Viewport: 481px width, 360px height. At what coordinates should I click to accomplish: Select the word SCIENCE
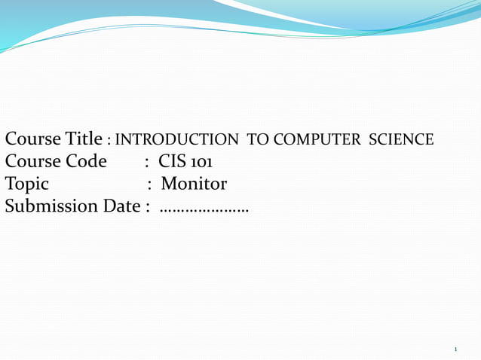pyautogui.click(x=400, y=140)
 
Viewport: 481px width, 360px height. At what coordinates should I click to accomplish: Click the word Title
pyautogui.click(x=83, y=139)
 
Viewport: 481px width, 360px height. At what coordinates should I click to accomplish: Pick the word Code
pyautogui.click(x=87, y=162)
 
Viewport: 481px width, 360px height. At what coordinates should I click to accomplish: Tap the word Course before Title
pyautogui.click(x=32, y=139)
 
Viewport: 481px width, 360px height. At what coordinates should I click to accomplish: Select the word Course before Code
pyautogui.click(x=32, y=162)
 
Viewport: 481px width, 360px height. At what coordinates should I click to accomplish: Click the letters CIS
pyautogui.click(x=171, y=162)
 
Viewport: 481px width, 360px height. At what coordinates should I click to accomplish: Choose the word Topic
pyautogui.click(x=27, y=184)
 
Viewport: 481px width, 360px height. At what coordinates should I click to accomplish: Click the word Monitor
pyautogui.click(x=194, y=184)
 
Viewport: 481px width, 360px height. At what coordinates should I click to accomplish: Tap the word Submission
pyautogui.click(x=51, y=206)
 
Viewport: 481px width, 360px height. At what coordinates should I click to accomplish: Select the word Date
pyautogui.click(x=121, y=206)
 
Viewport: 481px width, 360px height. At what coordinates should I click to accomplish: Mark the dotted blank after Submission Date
pyautogui.click(x=204, y=209)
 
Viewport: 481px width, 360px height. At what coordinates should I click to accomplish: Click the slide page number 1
pyautogui.click(x=456, y=349)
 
